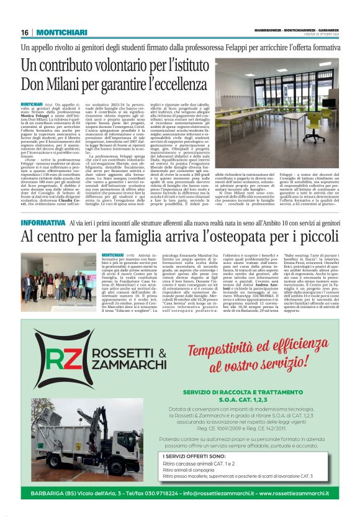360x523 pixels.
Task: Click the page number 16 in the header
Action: click(25, 32)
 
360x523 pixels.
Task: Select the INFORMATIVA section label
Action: click(43, 222)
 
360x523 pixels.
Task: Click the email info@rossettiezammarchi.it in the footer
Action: click(213, 494)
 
